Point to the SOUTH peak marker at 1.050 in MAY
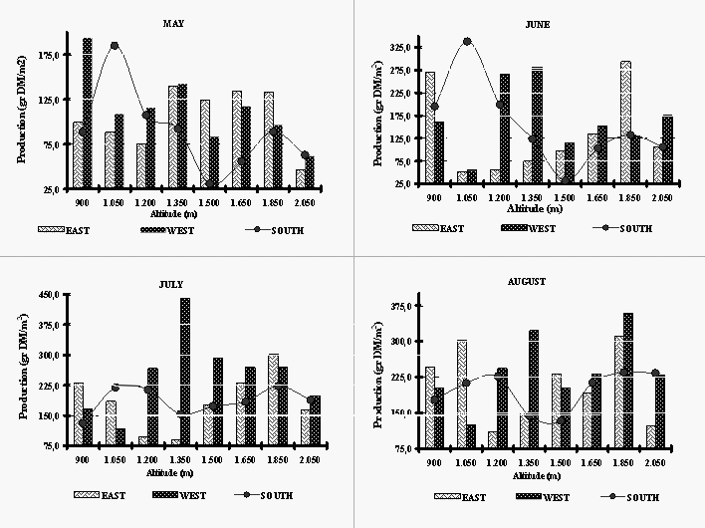pos(115,46)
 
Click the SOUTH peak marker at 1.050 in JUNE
pos(467,41)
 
